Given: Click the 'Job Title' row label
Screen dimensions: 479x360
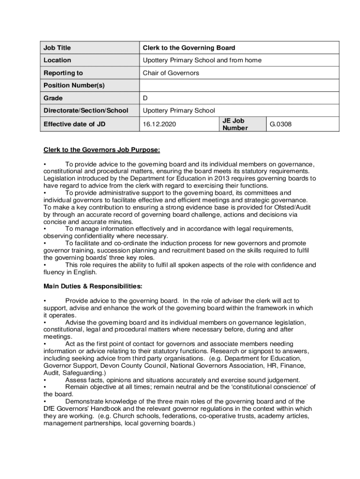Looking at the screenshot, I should [x=57, y=48].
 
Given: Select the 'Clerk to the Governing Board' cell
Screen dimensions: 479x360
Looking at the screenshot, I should [x=189, y=48].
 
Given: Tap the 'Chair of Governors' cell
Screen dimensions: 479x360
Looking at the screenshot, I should [x=171, y=73].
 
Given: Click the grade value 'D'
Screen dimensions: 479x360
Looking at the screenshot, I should [x=145, y=98].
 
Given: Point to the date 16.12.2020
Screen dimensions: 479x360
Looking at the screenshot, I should [x=160, y=124].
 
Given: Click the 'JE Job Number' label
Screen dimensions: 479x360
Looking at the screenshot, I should [x=235, y=124].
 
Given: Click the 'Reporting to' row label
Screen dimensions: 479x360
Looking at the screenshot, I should [x=63, y=73].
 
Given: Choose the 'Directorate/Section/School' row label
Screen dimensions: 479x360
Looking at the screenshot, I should [x=86, y=111].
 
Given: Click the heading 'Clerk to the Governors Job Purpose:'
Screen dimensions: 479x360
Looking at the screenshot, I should [x=102, y=150].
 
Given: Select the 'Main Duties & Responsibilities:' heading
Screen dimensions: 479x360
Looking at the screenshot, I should [x=93, y=286].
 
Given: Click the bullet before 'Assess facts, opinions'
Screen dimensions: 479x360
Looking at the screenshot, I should [x=45, y=380].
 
